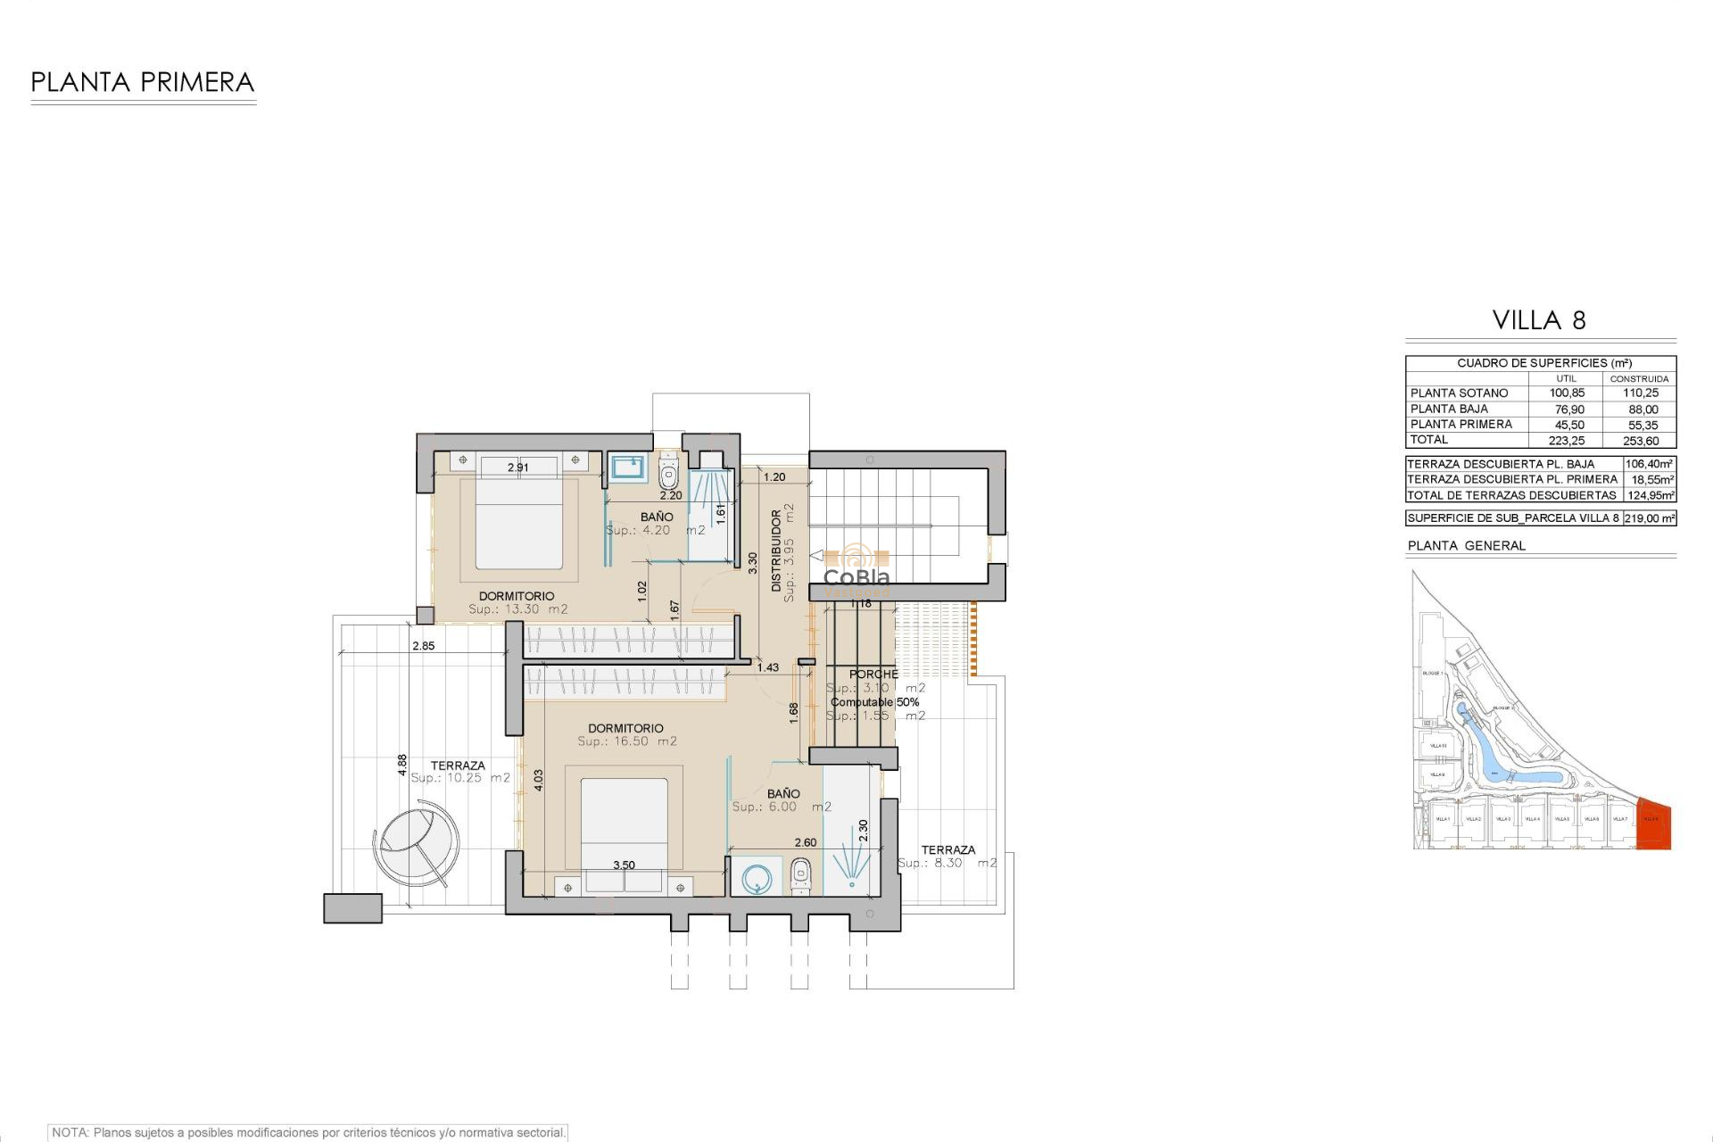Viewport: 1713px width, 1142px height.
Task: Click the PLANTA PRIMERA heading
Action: tap(143, 83)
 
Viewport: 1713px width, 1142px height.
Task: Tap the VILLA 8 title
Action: tap(1539, 321)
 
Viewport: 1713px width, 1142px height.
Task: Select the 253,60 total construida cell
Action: tap(1640, 441)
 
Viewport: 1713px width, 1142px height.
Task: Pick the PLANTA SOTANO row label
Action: tap(1459, 393)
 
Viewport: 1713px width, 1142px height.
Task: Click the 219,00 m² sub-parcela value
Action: tap(1650, 518)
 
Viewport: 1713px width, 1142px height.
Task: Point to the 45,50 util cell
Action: tap(1568, 426)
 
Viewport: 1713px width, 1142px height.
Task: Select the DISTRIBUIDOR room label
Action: tap(776, 550)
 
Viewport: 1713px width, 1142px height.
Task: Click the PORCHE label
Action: tap(873, 674)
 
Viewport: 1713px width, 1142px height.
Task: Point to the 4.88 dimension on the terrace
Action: tap(402, 764)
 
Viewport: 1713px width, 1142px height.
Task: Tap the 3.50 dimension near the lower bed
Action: tap(624, 865)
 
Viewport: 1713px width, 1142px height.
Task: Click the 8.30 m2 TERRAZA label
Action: tap(948, 857)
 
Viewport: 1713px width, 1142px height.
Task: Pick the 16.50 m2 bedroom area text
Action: tap(626, 741)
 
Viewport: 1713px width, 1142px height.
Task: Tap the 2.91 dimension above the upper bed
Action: tap(517, 468)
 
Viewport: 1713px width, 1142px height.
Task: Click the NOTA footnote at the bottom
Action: tap(308, 1133)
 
